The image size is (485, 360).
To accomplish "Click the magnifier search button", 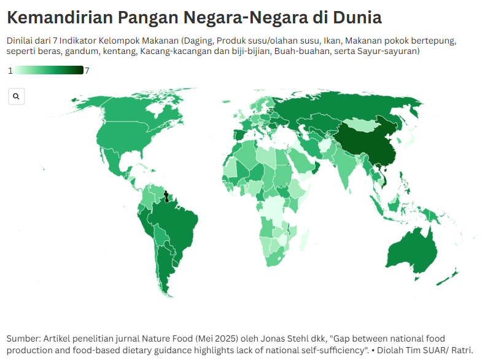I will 16,96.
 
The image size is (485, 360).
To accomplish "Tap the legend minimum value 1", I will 10,71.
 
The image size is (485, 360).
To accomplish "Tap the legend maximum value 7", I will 87,71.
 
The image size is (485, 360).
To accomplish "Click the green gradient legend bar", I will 49,71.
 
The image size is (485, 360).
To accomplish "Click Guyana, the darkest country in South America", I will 166,197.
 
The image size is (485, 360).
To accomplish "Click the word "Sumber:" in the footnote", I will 23,339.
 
